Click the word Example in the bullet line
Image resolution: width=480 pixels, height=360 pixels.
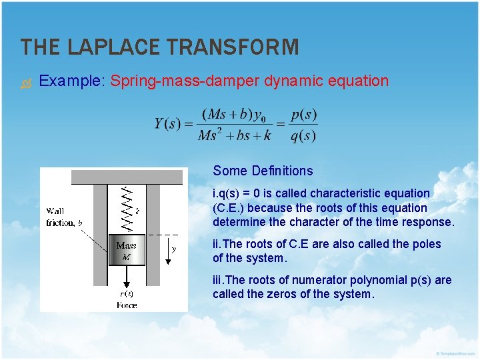(69, 81)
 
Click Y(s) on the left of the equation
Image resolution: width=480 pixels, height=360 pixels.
(167, 124)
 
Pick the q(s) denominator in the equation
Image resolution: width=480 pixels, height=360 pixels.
(304, 135)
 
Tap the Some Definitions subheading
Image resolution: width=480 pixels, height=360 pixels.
(263, 171)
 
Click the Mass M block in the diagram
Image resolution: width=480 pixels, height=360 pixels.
(127, 251)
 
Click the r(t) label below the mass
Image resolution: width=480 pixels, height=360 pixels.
(127, 293)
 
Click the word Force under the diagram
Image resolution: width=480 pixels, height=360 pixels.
(127, 305)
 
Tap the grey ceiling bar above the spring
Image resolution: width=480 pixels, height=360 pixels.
(127, 177)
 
